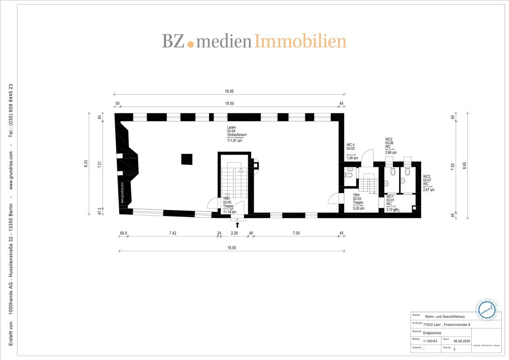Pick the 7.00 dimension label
(x=296, y=233)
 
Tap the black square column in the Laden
(x=187, y=159)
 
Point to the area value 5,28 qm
(x=358, y=208)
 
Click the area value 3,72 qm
(x=392, y=210)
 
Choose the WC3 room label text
(x=426, y=177)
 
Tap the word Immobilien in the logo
(x=300, y=41)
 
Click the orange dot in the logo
(x=190, y=43)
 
